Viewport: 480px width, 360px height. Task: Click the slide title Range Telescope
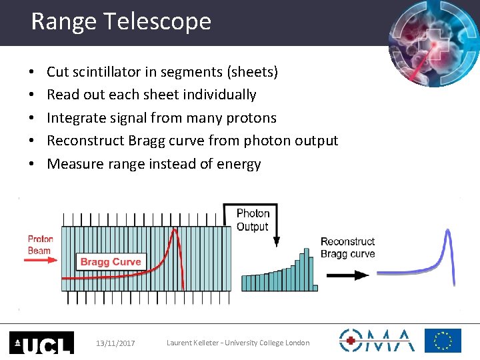point(121,22)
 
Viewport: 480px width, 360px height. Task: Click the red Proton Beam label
point(40,245)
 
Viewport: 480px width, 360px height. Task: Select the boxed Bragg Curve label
point(110,262)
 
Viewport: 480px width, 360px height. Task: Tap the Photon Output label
point(253,220)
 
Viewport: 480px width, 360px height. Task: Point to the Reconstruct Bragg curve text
point(347,247)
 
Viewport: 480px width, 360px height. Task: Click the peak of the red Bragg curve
point(175,231)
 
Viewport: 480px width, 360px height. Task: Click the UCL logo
point(41,342)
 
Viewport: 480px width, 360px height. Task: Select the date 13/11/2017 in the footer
point(115,343)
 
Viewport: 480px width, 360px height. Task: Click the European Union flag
point(443,341)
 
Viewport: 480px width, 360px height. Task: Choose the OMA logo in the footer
point(377,340)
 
